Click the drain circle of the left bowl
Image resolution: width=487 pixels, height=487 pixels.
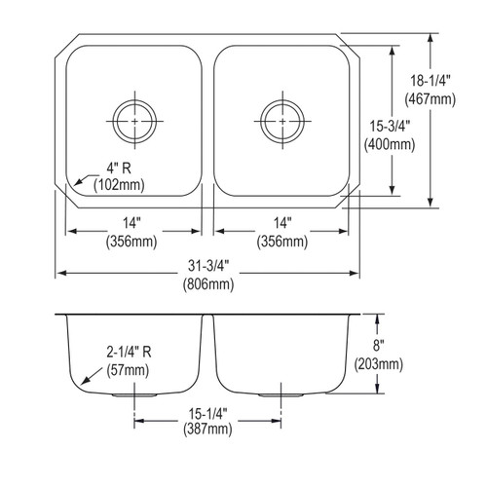pyautogui.click(x=133, y=117)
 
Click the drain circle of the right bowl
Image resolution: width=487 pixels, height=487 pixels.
pyautogui.click(x=280, y=117)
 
